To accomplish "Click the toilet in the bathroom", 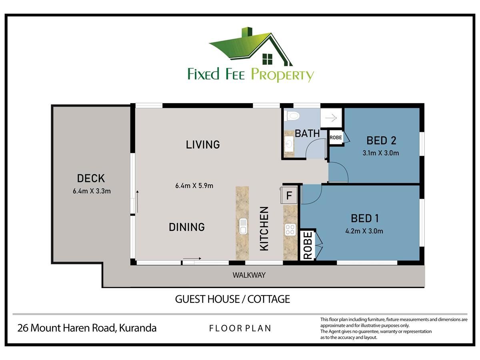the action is pos(292,116).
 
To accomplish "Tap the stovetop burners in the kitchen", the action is pos(290,230).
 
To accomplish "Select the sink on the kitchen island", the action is pos(243,226).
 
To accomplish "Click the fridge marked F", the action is pos(289,195).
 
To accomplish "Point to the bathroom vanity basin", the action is pos(289,144).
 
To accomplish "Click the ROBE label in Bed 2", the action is pos(336,138).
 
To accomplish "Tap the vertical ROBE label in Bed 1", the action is pos(308,246).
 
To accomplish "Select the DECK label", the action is pos(91,178).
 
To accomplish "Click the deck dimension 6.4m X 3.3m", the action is pos(92,191).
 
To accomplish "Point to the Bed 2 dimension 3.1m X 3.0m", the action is pos(381,153).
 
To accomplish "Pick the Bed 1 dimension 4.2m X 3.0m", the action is pos(364,231).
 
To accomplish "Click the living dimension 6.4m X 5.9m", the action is pos(194,186).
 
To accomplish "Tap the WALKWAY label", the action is pos(249,275).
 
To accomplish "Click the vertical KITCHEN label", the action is pos(264,229).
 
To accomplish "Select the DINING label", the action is pos(187,227).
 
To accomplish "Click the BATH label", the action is pos(307,134).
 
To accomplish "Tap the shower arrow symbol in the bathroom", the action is pos(331,118).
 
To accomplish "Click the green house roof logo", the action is pos(251,46).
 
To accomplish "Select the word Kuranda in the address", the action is pos(138,328).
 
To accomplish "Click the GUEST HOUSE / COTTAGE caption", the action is pos(232,299).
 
